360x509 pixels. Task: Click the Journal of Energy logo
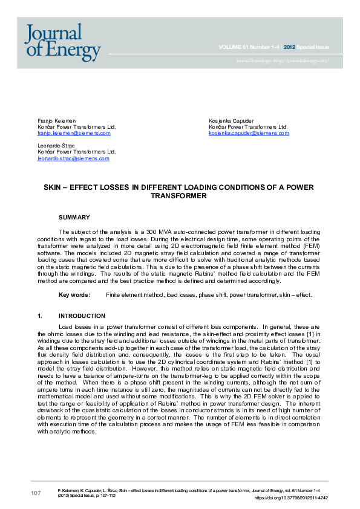[63, 42]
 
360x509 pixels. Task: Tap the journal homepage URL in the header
[283, 61]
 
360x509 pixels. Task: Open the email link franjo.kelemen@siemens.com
[74, 133]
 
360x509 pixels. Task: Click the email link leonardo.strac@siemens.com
[73, 158]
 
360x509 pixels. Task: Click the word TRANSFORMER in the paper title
[179, 196]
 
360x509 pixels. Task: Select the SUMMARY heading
[74, 217]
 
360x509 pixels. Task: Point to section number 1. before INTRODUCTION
[40, 316]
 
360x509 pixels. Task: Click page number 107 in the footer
[36, 494]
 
